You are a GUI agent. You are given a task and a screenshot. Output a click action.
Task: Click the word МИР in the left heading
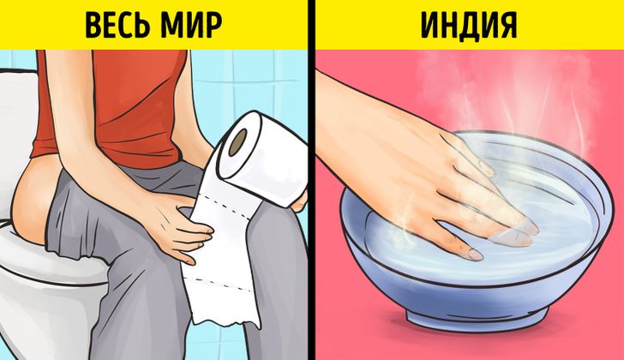pos(192,26)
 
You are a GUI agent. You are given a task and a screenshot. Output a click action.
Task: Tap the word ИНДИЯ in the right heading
pos(469,26)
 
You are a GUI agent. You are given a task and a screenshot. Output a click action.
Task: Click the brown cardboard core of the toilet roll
pos(239,141)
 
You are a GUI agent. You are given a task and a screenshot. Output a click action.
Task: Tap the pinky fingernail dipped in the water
pos(474,255)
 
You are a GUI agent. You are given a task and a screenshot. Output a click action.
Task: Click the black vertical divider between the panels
pos(312,180)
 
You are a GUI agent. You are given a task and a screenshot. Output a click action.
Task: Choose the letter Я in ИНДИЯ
pos(504,26)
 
